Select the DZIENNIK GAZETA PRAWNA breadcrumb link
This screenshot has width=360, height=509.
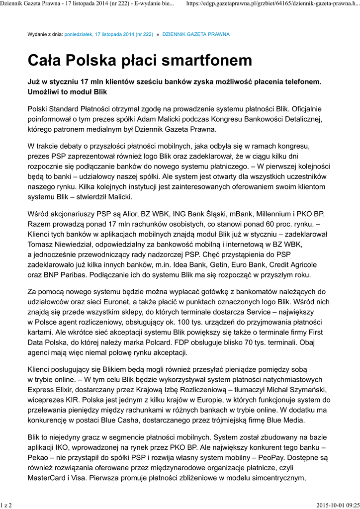196,35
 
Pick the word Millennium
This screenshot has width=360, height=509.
259,214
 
